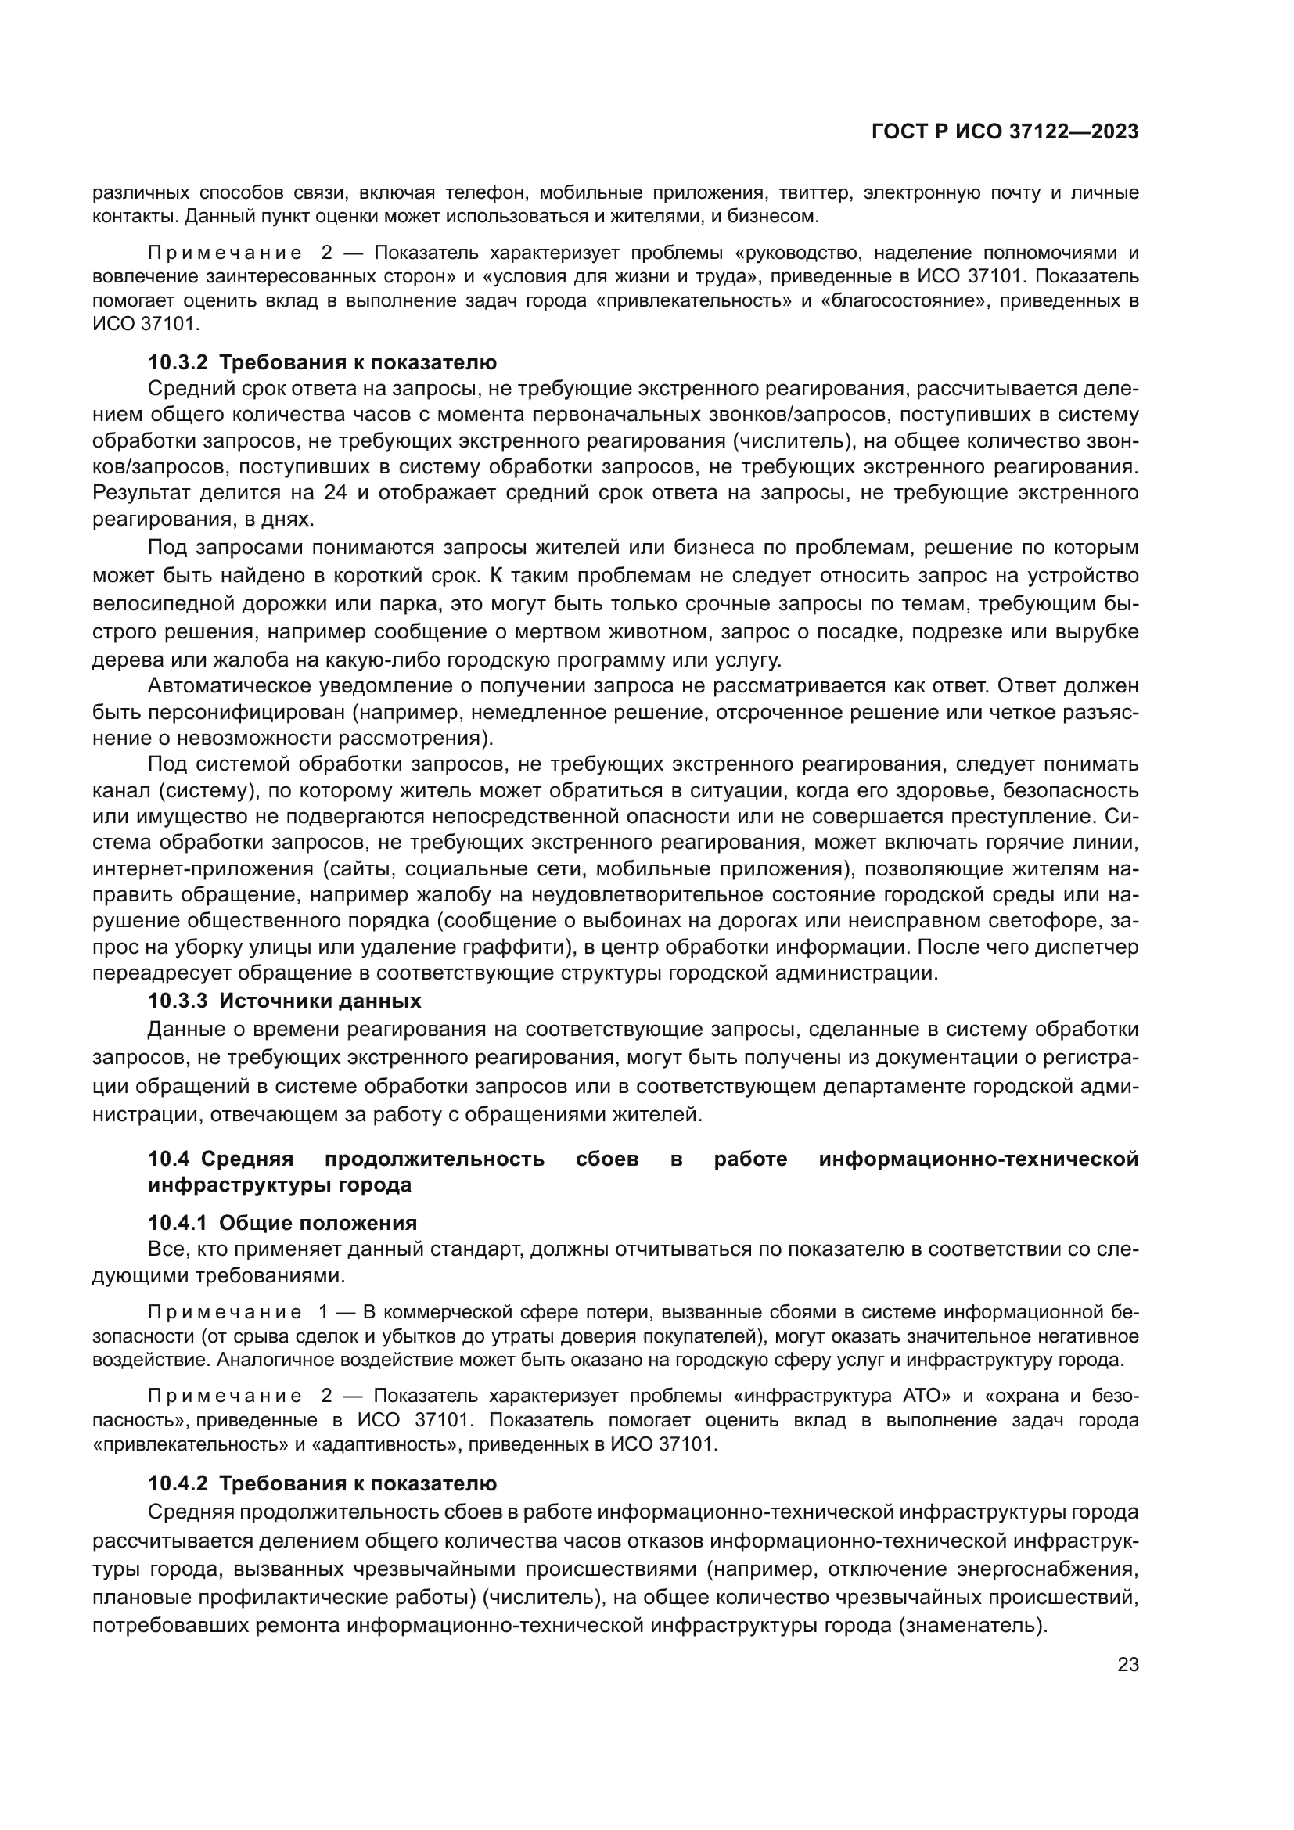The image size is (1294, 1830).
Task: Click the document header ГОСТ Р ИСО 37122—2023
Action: pos(1005,132)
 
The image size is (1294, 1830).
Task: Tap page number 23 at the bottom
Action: pos(1128,1665)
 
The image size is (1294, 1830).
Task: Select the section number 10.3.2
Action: pos(177,363)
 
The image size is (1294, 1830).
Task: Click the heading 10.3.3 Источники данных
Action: pos(285,1001)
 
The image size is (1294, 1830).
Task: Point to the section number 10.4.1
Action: pos(177,1224)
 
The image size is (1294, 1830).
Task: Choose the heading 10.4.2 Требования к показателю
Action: pos(322,1484)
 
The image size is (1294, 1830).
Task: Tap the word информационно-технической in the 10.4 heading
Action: pos(979,1159)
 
